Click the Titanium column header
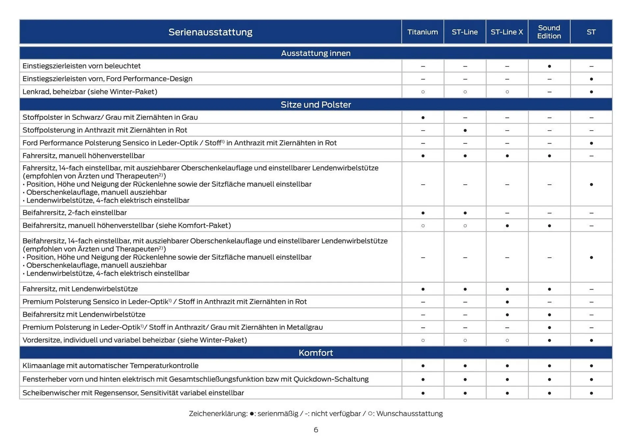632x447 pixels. coord(423,32)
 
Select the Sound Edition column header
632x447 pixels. coord(549,32)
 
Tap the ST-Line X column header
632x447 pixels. coord(507,32)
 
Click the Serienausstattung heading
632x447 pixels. coord(210,32)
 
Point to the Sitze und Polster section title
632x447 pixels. coord(316,105)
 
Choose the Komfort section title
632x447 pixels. coord(316,353)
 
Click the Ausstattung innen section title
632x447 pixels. coord(316,53)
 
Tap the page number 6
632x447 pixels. coord(316,430)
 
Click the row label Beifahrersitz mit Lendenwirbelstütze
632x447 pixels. coord(84,314)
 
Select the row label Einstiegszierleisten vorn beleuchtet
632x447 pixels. coord(82,66)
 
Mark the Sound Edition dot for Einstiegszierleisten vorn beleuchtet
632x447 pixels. coord(549,66)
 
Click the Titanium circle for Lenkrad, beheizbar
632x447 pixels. coord(423,92)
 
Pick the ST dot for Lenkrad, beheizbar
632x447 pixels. coord(592,92)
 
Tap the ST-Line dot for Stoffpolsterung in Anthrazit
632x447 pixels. coord(465,130)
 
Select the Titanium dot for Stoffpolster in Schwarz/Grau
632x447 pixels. coord(423,118)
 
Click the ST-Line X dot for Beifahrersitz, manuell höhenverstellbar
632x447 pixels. coord(507,226)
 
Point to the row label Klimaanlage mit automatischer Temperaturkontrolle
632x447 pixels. coord(111,366)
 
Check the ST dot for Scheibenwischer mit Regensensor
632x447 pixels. coord(592,393)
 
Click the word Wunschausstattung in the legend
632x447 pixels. coord(409,414)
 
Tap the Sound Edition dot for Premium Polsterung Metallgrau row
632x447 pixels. coord(549,328)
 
